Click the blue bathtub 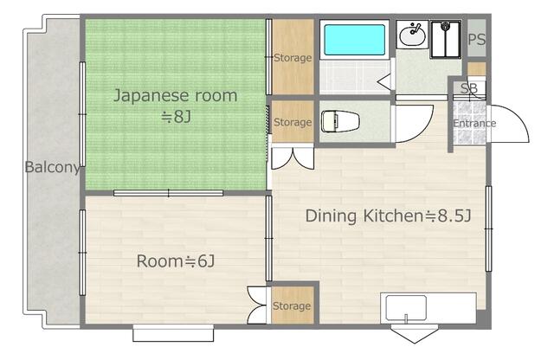coord(354,40)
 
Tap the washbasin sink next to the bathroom coord(412,35)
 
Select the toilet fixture coord(340,121)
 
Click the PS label coord(476,39)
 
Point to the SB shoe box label coord(469,88)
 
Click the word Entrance coord(474,123)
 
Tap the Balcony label coord(52,167)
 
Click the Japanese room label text coord(175,96)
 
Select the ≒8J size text coord(176,117)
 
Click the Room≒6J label coord(176,261)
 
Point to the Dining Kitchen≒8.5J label coord(388,215)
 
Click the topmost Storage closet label coord(293,58)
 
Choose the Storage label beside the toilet coord(293,122)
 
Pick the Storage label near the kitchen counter coord(292,306)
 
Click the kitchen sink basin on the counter coord(406,308)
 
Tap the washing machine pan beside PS coord(446,39)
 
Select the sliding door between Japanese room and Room coord(168,193)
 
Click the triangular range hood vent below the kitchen coord(415,335)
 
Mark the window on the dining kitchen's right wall coord(488,228)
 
